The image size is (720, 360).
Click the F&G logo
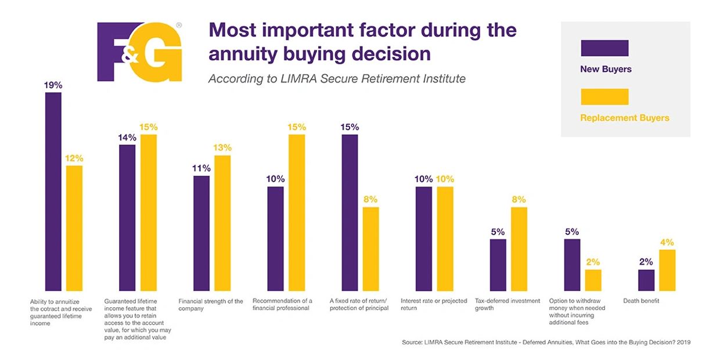click(x=139, y=52)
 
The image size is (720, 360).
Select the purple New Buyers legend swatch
click(x=604, y=48)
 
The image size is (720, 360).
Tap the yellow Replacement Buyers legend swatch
click(x=604, y=97)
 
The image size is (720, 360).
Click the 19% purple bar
click(x=53, y=192)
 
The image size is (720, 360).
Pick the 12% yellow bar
click(x=74, y=228)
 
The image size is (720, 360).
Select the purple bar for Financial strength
click(x=201, y=233)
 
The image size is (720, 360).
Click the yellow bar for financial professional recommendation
click(x=297, y=213)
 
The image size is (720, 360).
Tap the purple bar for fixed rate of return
click(x=350, y=213)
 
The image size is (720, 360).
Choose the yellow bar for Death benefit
click(x=667, y=270)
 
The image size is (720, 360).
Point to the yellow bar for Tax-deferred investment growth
click(x=519, y=249)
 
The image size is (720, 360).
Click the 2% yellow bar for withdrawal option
click(x=593, y=280)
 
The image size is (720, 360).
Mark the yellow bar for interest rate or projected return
click(x=445, y=239)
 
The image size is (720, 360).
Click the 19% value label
click(x=53, y=85)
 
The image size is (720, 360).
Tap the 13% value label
click(x=222, y=147)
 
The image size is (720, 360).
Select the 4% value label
click(x=667, y=242)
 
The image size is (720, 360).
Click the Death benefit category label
click(x=640, y=301)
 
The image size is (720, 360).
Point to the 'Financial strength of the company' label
click(x=210, y=305)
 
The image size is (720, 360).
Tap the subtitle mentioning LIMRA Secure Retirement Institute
click(x=337, y=79)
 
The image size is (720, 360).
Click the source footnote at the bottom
click(x=546, y=343)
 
